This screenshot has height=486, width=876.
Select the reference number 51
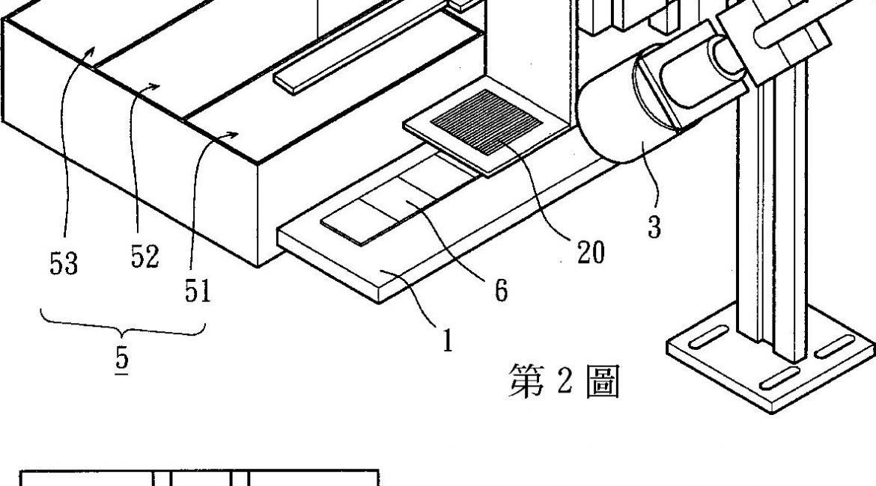(198, 291)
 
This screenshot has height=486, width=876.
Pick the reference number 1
(446, 342)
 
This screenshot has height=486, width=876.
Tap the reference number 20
(590, 253)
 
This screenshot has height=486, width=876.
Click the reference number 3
(654, 227)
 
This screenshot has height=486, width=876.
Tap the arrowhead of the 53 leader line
(92, 48)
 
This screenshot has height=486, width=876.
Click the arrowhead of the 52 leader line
(158, 85)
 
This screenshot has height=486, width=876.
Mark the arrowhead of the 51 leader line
(237, 134)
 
